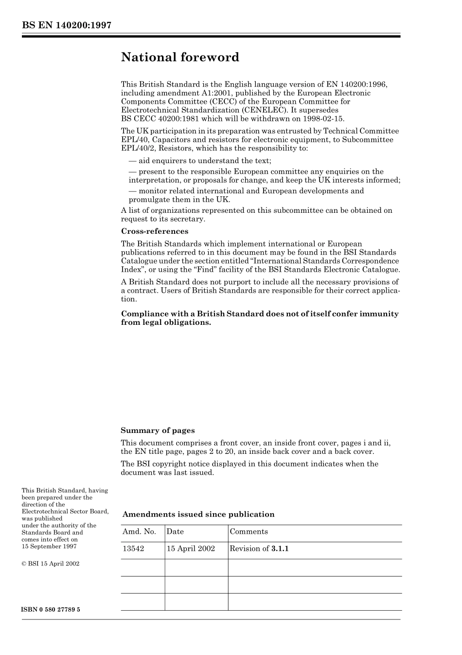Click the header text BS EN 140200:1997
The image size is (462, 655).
click(x=67, y=26)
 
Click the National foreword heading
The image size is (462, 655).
click(x=180, y=57)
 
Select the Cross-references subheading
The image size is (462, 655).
click(x=155, y=231)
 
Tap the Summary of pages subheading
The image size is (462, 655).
click(x=158, y=430)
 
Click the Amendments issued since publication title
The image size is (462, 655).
click(x=198, y=514)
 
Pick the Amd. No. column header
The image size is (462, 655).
click(x=139, y=532)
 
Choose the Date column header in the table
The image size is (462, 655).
click(x=175, y=532)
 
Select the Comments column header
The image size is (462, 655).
click(x=249, y=532)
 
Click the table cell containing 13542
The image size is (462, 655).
click(x=133, y=549)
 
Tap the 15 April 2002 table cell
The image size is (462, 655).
click(x=191, y=549)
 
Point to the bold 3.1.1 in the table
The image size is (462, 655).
click(x=280, y=549)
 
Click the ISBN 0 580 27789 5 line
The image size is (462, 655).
click(x=51, y=610)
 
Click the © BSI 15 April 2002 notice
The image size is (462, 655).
click(x=51, y=564)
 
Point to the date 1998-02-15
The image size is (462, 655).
click(x=324, y=119)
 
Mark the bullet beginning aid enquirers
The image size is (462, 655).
click(x=200, y=161)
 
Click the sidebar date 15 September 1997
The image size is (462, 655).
click(x=49, y=546)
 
